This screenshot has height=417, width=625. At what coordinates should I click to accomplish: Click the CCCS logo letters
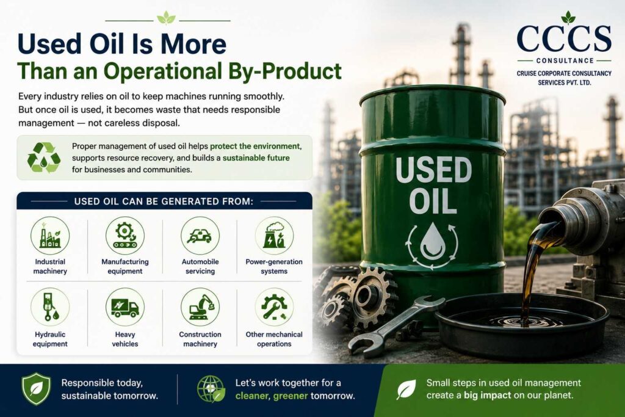coord(563,38)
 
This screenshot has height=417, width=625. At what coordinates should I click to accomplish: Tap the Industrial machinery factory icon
coord(50,236)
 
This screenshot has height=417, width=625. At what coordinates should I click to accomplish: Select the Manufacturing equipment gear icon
coord(125,236)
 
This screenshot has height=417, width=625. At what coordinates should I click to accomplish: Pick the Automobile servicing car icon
coord(200,236)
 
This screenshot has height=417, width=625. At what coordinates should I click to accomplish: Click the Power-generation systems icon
coord(274,236)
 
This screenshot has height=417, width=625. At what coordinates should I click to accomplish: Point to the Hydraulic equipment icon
coord(50,307)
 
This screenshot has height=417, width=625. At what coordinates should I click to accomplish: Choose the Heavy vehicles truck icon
coord(125,307)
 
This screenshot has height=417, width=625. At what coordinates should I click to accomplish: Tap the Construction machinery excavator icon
coord(200,307)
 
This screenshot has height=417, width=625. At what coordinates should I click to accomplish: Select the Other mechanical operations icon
coord(274,307)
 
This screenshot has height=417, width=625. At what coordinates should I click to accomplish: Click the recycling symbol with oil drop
coord(43,158)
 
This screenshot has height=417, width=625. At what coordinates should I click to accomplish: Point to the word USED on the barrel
coord(433,170)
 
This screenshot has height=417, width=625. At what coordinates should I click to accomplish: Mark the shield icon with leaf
coord(36,389)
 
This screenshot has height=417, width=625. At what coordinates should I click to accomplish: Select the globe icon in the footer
coord(211,389)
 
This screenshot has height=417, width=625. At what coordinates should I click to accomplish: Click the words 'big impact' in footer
coord(487,396)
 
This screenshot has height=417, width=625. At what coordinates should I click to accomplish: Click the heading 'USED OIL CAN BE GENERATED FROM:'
coord(164,201)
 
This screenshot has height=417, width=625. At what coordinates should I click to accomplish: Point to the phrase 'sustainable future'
coord(256,158)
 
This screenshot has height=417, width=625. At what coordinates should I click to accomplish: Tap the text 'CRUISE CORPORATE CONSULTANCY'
coord(564,73)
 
